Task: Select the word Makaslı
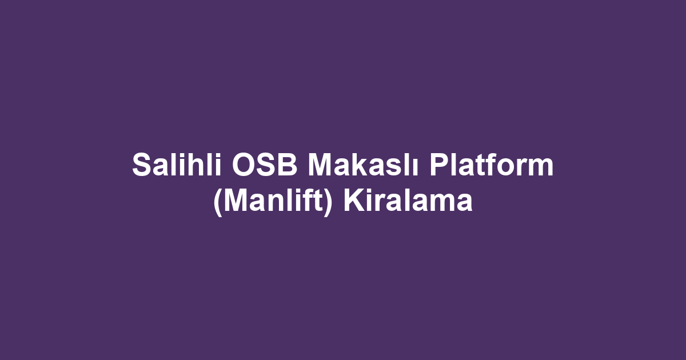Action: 365,166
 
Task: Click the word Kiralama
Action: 408,202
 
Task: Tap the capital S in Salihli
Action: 141,166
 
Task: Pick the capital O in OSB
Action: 244,166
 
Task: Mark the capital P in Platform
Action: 440,166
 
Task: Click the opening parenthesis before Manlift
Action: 217,203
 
